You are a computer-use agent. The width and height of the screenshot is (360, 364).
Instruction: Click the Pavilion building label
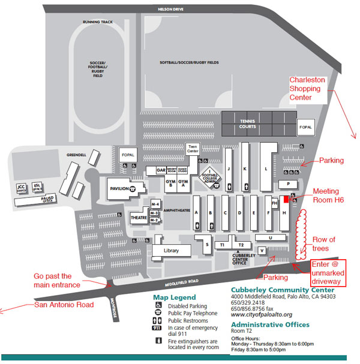[x=120, y=188]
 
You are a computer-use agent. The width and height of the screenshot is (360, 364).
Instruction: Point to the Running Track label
[x=99, y=22]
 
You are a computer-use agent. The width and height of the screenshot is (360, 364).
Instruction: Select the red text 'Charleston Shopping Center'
[x=308, y=88]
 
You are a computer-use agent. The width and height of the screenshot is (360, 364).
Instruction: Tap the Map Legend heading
[x=175, y=297]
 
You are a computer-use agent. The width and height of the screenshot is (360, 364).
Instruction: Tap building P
[x=289, y=184]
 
